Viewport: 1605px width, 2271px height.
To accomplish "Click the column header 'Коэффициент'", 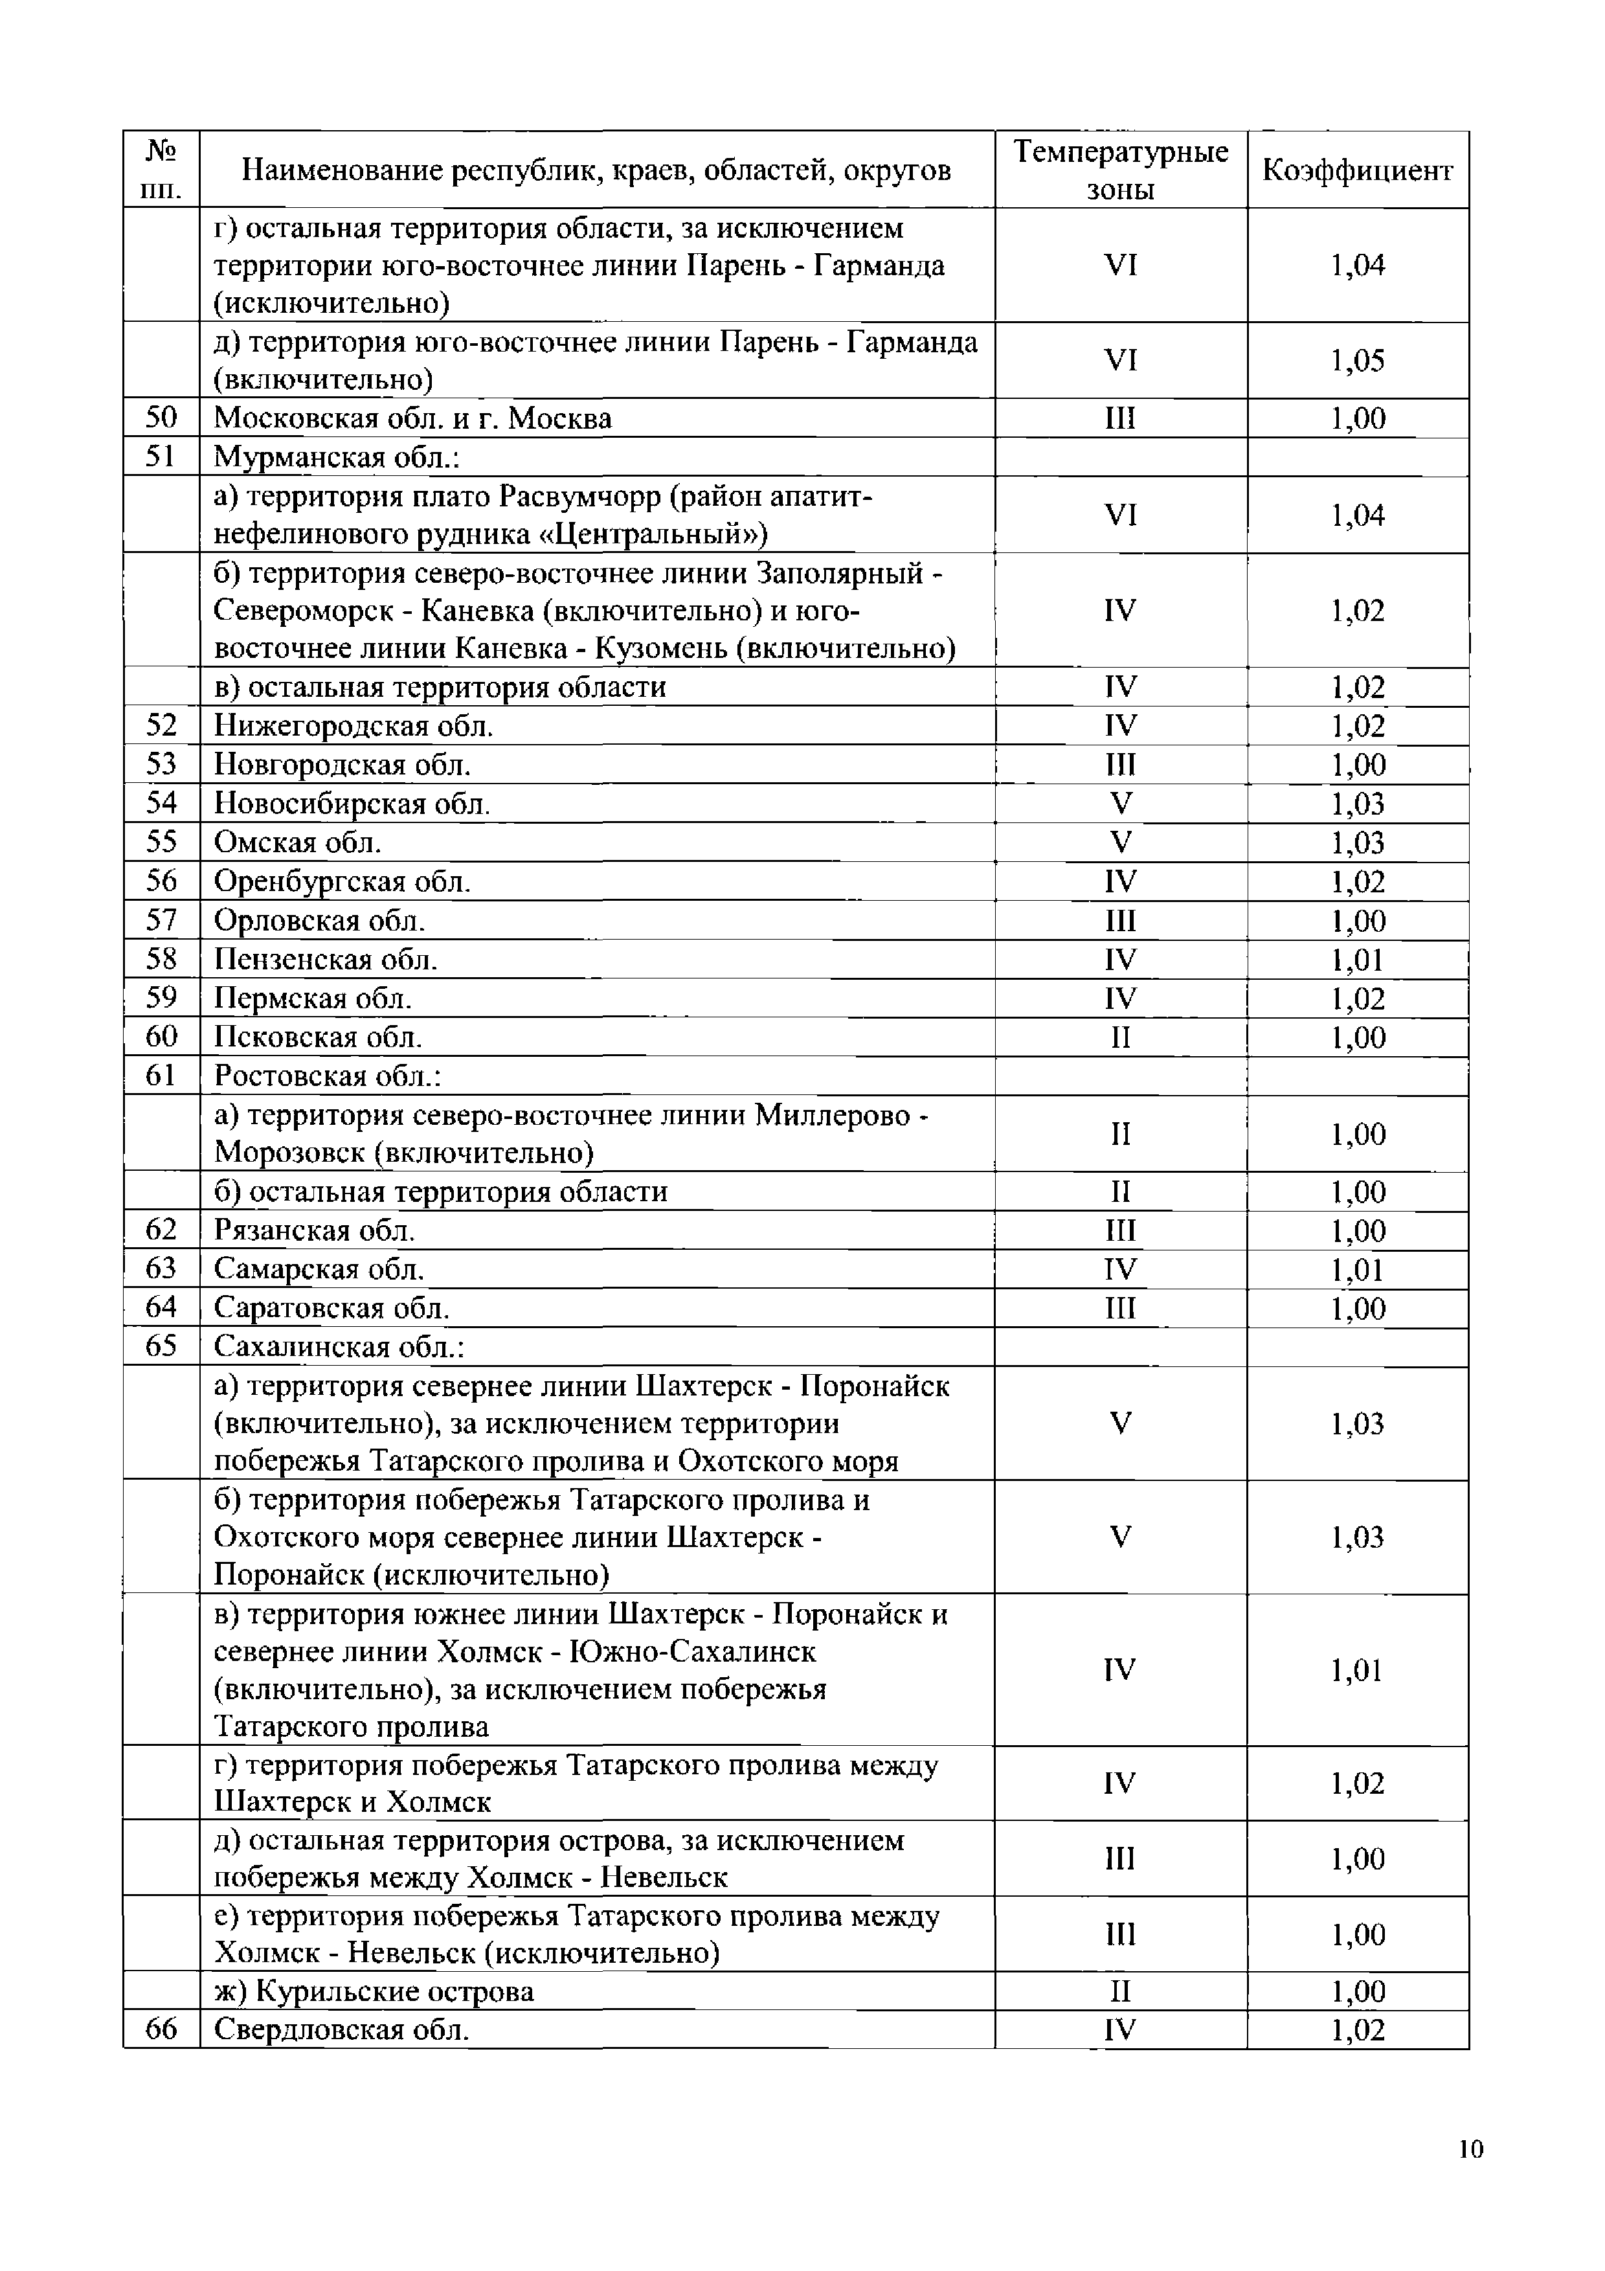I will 1357,171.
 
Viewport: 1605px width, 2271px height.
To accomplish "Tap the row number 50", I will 161,418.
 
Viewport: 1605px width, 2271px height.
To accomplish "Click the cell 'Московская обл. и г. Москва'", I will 412,418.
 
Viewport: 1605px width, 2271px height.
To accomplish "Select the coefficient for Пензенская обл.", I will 1357,960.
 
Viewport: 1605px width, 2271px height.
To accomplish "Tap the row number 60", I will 161,1037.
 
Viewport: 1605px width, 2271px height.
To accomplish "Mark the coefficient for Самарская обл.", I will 1357,1270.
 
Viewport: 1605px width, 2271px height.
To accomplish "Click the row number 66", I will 161,2029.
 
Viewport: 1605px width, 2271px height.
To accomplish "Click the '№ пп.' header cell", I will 161,170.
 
